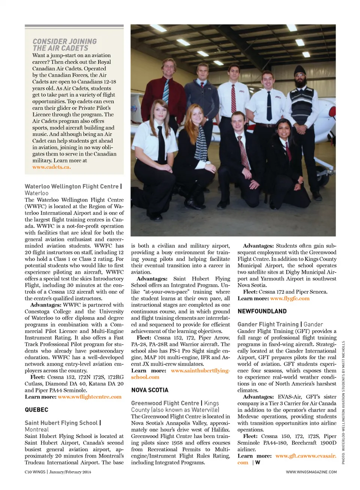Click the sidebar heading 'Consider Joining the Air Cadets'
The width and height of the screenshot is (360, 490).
point(64,45)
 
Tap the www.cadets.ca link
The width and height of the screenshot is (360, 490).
point(51,167)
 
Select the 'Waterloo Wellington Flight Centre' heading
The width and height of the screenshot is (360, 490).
point(72,186)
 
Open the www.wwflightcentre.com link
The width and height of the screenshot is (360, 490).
point(90,397)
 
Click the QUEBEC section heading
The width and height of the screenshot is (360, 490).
point(36,410)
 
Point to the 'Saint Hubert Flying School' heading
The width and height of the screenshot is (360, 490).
point(61,423)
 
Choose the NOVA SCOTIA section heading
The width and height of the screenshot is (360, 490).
point(150,390)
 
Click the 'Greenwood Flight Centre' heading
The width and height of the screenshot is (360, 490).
point(165,403)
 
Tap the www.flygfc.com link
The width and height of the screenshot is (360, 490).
point(290,298)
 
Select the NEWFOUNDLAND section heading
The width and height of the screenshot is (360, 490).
point(262,311)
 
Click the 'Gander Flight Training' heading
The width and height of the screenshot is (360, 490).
point(268,324)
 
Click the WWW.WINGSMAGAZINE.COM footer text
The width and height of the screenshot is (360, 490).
point(311,472)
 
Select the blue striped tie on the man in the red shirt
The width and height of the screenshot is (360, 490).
point(166,90)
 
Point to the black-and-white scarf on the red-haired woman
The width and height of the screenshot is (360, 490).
point(201,143)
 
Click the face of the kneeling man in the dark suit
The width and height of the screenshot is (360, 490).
point(238,123)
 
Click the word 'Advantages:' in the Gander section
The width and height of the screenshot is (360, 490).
point(259,397)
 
